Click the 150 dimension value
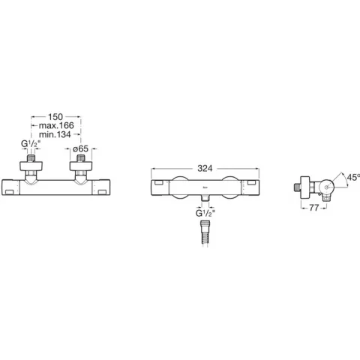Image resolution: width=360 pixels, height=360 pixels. pyautogui.click(x=55, y=117)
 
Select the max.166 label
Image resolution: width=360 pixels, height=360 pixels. pyautogui.click(x=56, y=125)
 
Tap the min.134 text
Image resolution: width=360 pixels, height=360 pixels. pyautogui.click(x=55, y=134)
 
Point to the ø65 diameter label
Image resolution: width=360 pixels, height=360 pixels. pyautogui.click(x=80, y=149)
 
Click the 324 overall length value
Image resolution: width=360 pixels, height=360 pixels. pyautogui.click(x=205, y=169)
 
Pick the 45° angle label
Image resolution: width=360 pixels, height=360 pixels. pyautogui.click(x=353, y=178)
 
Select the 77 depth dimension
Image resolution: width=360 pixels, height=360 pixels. pyautogui.click(x=314, y=208)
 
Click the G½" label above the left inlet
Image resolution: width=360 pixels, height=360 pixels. pyautogui.click(x=31, y=144)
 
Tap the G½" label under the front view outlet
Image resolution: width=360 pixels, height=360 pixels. pyautogui.click(x=205, y=214)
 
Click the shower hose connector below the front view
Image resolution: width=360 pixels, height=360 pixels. pyautogui.click(x=205, y=234)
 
